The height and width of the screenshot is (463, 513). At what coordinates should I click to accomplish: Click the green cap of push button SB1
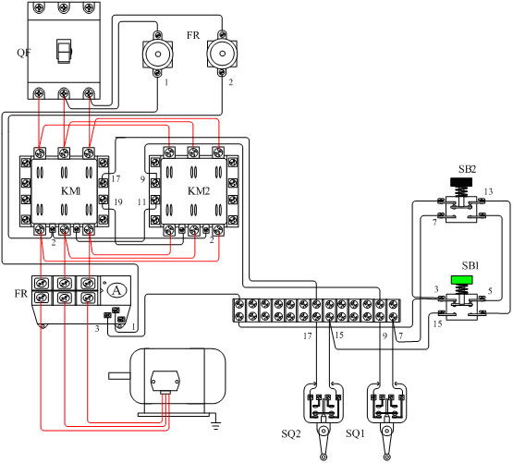(461, 280)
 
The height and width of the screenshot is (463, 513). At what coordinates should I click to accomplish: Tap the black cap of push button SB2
(461, 182)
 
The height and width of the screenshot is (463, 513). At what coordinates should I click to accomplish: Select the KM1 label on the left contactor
(71, 190)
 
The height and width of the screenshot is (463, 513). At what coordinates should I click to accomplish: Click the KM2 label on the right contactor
(199, 190)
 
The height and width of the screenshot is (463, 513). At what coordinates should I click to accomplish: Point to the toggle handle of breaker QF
(64, 52)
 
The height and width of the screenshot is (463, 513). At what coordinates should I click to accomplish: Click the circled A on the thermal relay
(116, 290)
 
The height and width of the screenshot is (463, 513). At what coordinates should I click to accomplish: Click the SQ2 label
(291, 433)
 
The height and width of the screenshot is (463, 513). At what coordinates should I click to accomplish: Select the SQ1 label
(355, 433)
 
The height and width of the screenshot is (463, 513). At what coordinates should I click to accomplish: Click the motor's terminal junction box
(165, 381)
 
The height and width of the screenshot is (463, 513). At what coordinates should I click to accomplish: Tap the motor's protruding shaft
(119, 376)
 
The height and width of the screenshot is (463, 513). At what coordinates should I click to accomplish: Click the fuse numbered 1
(158, 54)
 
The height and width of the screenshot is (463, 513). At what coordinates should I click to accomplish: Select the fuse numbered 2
(222, 54)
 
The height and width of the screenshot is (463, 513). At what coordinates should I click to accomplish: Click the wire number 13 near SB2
(488, 191)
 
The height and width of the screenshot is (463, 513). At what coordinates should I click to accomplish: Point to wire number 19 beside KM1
(118, 201)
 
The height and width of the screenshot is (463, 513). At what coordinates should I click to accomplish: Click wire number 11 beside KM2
(141, 202)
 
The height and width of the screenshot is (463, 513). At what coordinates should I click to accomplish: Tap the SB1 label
(470, 265)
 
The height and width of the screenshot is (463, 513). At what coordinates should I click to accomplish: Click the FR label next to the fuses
(193, 35)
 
